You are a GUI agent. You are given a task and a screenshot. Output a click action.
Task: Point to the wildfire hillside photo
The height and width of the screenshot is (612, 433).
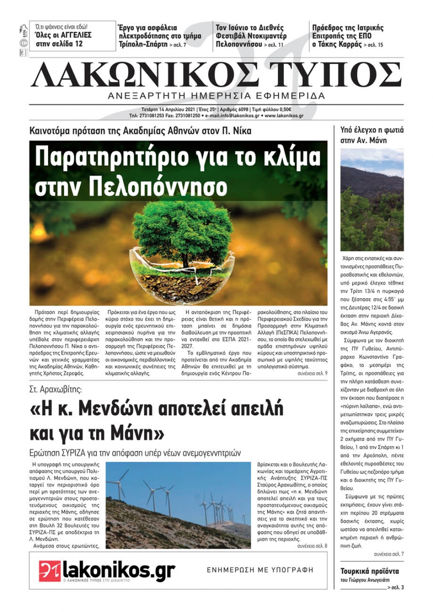tap(372, 200)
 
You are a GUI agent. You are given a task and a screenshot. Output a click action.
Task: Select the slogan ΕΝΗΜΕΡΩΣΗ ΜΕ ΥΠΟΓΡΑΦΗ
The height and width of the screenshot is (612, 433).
tap(260, 570)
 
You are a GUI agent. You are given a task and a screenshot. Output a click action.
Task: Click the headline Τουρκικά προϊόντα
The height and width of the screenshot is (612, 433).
tap(369, 571)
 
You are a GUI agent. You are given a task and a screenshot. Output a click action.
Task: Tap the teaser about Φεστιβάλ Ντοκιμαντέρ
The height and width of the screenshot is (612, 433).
tap(251, 36)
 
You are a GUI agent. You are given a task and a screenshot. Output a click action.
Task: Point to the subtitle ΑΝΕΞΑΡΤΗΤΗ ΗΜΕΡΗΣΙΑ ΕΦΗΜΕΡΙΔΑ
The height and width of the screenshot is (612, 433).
tap(216, 96)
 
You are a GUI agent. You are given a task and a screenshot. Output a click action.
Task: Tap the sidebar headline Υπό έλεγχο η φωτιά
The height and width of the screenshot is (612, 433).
tap(372, 130)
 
